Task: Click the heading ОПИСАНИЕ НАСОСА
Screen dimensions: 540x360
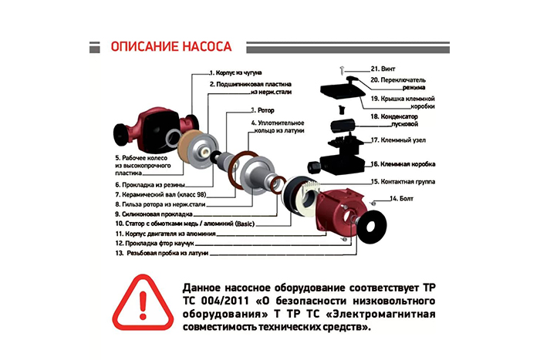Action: (171, 46)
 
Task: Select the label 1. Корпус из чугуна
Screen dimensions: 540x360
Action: (236, 72)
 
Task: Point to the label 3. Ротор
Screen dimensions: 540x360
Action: (262, 110)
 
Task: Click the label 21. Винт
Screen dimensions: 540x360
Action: (383, 69)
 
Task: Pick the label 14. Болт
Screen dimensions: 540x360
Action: (401, 199)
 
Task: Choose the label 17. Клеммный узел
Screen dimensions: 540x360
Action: (398, 140)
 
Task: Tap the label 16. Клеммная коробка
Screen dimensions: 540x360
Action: (403, 164)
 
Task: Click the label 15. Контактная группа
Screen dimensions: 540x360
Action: (403, 181)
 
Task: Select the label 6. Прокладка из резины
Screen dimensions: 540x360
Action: (150, 185)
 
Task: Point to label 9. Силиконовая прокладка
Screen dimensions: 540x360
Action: (154, 214)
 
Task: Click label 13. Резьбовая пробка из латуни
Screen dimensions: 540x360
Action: (162, 254)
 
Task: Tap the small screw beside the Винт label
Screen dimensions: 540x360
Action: (342, 69)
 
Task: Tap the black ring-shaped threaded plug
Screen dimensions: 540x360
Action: (372, 227)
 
